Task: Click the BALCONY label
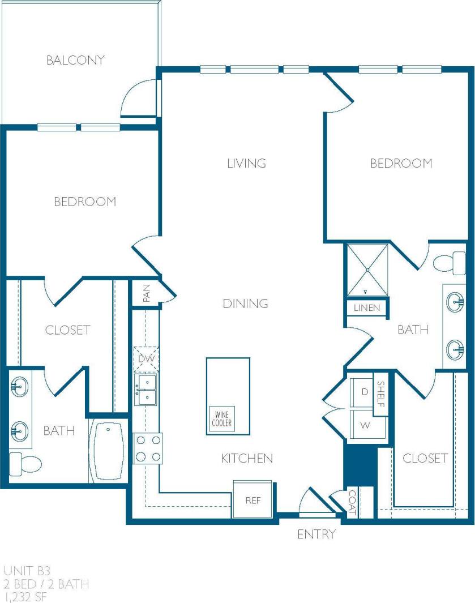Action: (x=75, y=60)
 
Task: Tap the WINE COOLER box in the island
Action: (x=221, y=420)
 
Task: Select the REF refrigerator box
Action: (x=253, y=500)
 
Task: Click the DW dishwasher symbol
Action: (x=146, y=358)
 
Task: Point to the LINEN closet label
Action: (x=367, y=308)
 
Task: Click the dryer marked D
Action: (x=365, y=391)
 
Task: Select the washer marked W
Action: (x=365, y=425)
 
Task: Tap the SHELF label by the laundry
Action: (x=381, y=394)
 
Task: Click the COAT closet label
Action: (x=352, y=502)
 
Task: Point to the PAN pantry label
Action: (x=146, y=293)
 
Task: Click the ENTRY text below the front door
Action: (x=316, y=534)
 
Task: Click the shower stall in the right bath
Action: (x=367, y=270)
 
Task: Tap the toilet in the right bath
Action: (x=449, y=263)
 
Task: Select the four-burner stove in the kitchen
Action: (x=148, y=448)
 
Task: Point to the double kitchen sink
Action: (x=146, y=389)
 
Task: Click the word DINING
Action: (x=245, y=303)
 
